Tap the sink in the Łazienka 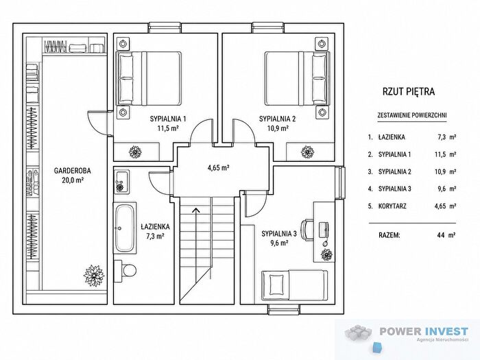click(x=121, y=182)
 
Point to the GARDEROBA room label click(x=73, y=171)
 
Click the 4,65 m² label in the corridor click(x=219, y=168)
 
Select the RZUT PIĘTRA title click(x=409, y=91)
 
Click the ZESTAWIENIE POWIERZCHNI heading click(x=411, y=115)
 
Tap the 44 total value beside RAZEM click(x=441, y=235)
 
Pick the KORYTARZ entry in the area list click(x=392, y=206)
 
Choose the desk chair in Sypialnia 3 click(x=307, y=229)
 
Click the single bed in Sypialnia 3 click(x=294, y=285)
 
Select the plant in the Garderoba click(x=94, y=275)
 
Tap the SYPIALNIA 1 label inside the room click(x=168, y=119)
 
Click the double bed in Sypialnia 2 click(x=298, y=78)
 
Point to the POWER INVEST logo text click(x=424, y=331)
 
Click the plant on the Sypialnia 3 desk click(x=327, y=254)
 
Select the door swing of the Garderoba click(x=97, y=123)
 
